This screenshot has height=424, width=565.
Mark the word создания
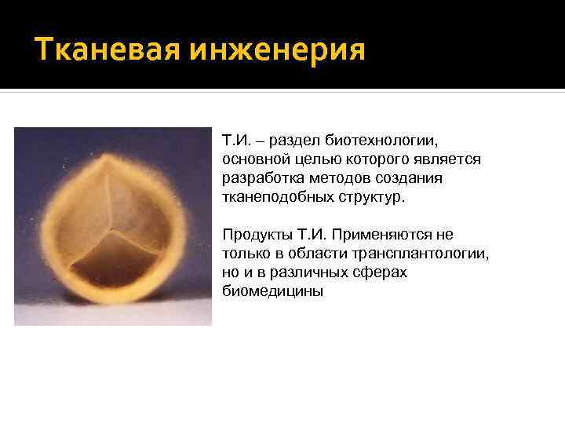403,179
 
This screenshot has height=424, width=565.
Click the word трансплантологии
423,254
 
